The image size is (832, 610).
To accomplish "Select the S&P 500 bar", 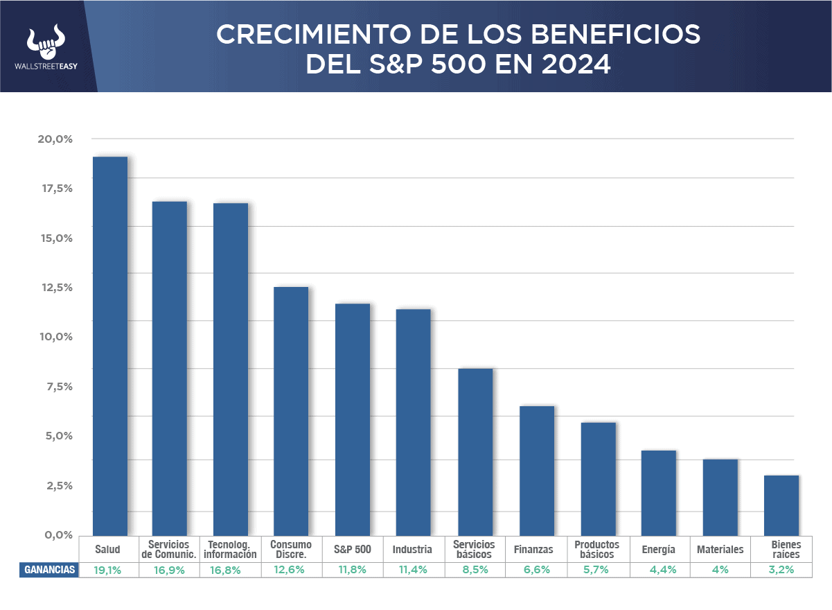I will (x=353, y=419).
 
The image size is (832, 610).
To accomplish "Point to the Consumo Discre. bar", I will (x=291, y=410).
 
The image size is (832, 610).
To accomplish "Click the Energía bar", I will (x=659, y=492).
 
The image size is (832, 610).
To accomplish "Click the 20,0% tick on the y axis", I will (x=55, y=139).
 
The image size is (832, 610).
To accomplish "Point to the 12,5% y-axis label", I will (x=55, y=287).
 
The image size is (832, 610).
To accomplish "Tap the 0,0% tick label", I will (x=55, y=534).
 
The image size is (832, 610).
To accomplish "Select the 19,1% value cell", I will (x=108, y=570).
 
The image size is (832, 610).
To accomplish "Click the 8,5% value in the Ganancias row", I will (x=475, y=570).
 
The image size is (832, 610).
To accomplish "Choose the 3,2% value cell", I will (x=781, y=570).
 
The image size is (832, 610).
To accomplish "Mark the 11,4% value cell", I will (x=414, y=570).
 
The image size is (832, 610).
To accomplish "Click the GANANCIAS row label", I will (x=49, y=570).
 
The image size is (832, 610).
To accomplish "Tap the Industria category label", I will (x=412, y=550).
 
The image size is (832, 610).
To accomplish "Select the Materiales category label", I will (x=720, y=550).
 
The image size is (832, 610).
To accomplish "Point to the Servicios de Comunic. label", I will (x=169, y=550).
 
